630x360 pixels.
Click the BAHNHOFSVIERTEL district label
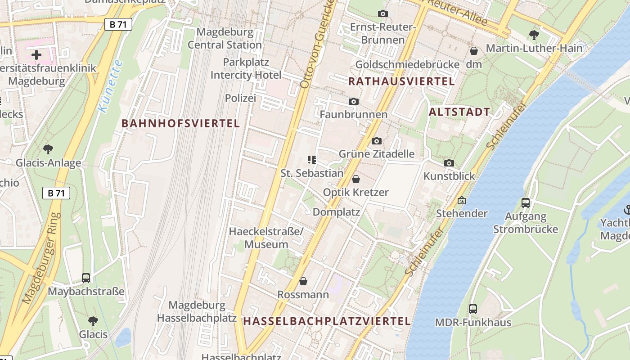[x=180, y=123]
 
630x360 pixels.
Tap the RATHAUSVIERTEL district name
[x=401, y=81]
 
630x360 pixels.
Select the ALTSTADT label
[x=459, y=112]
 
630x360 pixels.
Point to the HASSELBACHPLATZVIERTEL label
[x=327, y=321]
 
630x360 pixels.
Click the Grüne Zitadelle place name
[x=377, y=154]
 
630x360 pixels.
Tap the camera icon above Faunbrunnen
[x=354, y=102]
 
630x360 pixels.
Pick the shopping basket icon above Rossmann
[x=304, y=282]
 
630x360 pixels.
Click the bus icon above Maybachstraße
[x=86, y=278]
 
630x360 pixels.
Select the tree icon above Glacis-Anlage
[x=48, y=149]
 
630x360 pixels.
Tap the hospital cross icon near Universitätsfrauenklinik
[x=36, y=55]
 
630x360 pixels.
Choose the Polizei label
[x=240, y=98]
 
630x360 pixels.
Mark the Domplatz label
[x=336, y=211]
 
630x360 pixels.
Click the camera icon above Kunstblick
[x=449, y=163]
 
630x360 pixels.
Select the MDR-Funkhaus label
[x=473, y=322]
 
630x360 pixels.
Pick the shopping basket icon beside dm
[x=473, y=51]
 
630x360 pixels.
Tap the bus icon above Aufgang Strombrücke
[x=525, y=203]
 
